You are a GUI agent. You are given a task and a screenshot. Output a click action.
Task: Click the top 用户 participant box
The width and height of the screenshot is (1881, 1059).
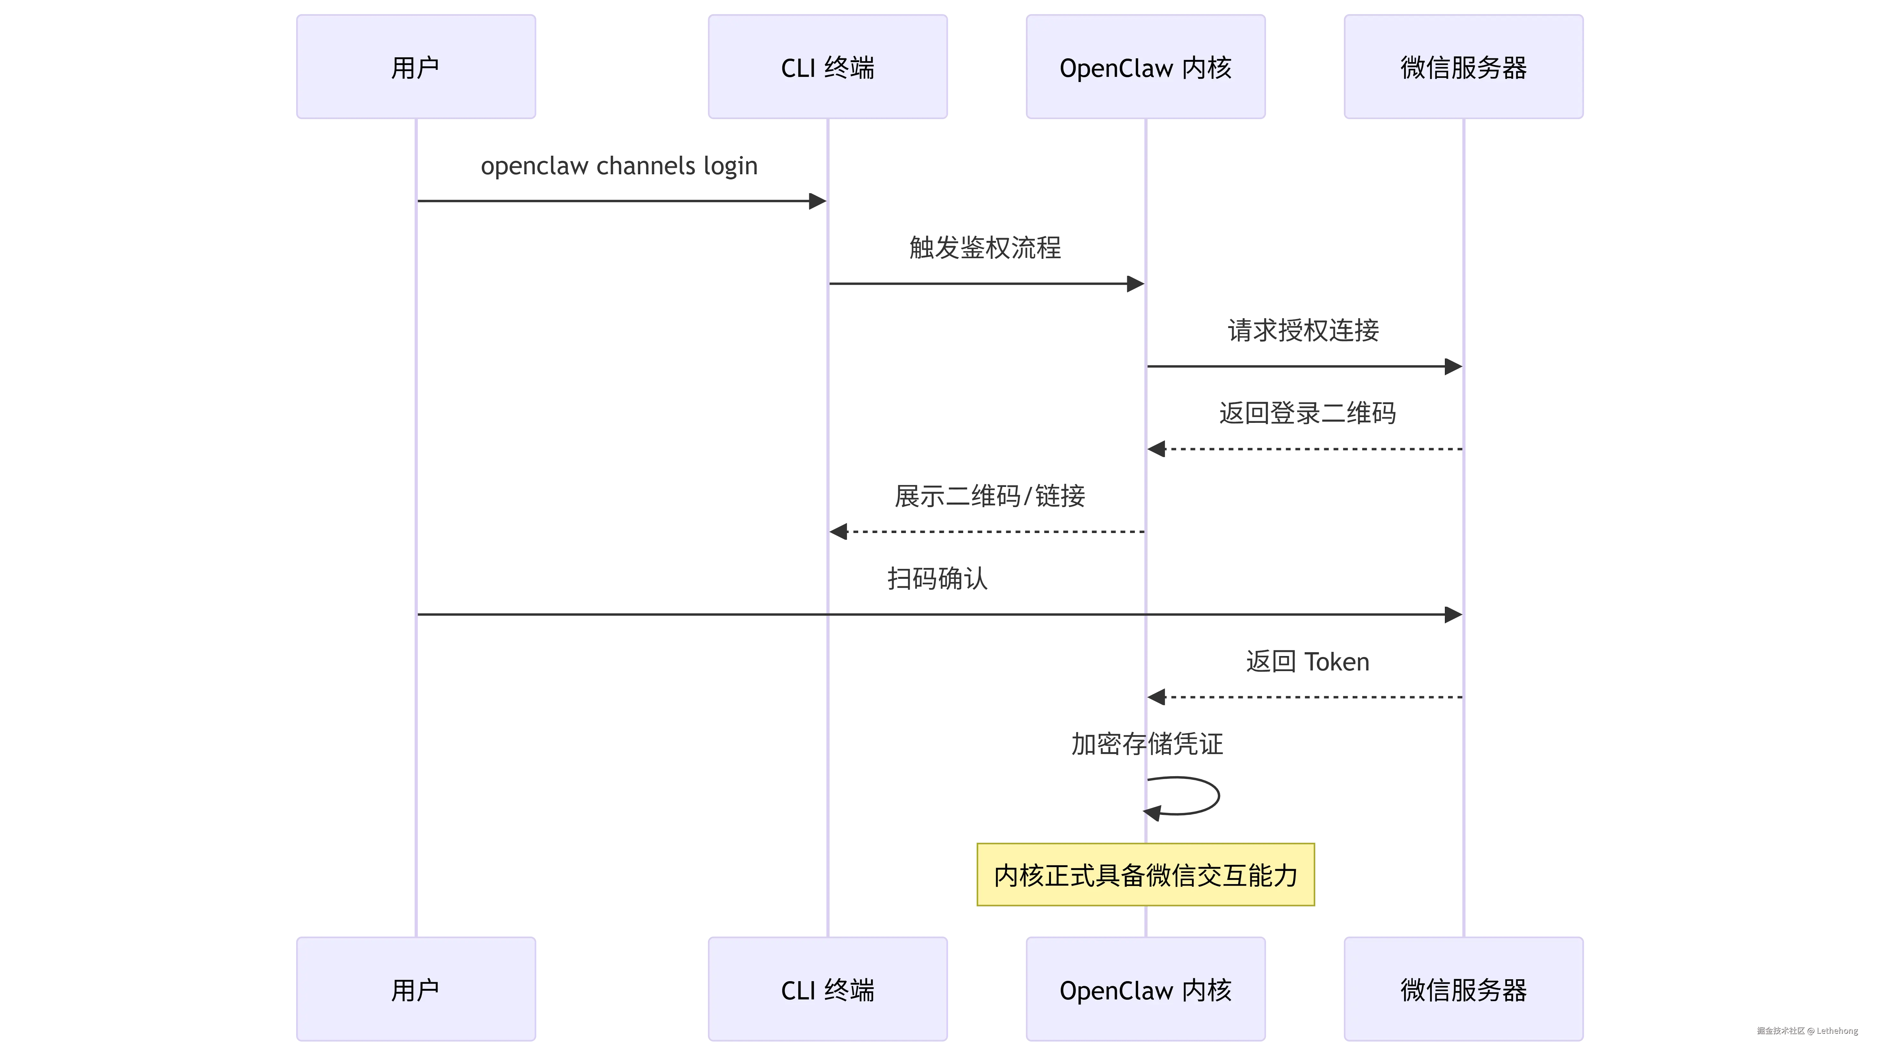tap(415, 66)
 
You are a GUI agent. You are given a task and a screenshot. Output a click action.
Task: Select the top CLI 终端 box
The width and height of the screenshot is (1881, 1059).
tap(828, 66)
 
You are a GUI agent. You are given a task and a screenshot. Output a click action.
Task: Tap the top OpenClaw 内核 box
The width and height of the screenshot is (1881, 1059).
tap(1146, 66)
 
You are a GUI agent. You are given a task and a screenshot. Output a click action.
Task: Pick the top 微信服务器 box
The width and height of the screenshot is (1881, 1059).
tap(1463, 66)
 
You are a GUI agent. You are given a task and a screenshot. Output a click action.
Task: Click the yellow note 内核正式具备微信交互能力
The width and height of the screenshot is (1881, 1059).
tap(1146, 874)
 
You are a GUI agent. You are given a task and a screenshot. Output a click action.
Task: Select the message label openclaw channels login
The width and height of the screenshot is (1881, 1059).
tap(620, 167)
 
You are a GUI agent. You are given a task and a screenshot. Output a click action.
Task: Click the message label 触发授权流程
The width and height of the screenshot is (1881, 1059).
tap(985, 248)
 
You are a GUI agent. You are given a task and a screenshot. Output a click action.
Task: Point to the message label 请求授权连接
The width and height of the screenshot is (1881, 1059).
tap(1304, 331)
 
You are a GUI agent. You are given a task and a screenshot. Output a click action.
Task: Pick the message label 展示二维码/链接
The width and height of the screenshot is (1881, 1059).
tap(990, 496)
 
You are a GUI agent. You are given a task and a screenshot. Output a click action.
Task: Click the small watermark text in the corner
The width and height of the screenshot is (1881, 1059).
tap(1806, 1030)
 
